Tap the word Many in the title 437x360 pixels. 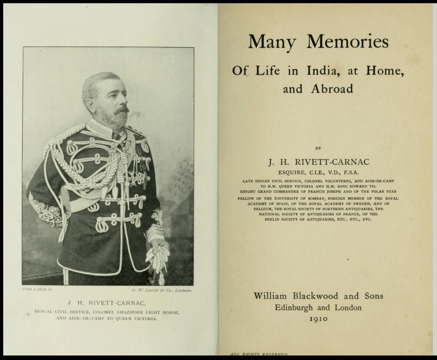click(x=272, y=42)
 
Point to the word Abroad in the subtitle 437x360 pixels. click(x=332, y=89)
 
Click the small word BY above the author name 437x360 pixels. click(x=318, y=149)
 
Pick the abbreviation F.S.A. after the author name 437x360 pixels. click(x=350, y=173)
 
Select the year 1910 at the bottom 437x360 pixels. click(x=318, y=319)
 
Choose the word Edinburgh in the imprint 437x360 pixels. click(x=294, y=308)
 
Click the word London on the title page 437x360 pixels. click(x=348, y=308)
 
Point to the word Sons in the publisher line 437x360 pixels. click(x=374, y=296)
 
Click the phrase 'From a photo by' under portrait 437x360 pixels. click(x=37, y=289)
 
